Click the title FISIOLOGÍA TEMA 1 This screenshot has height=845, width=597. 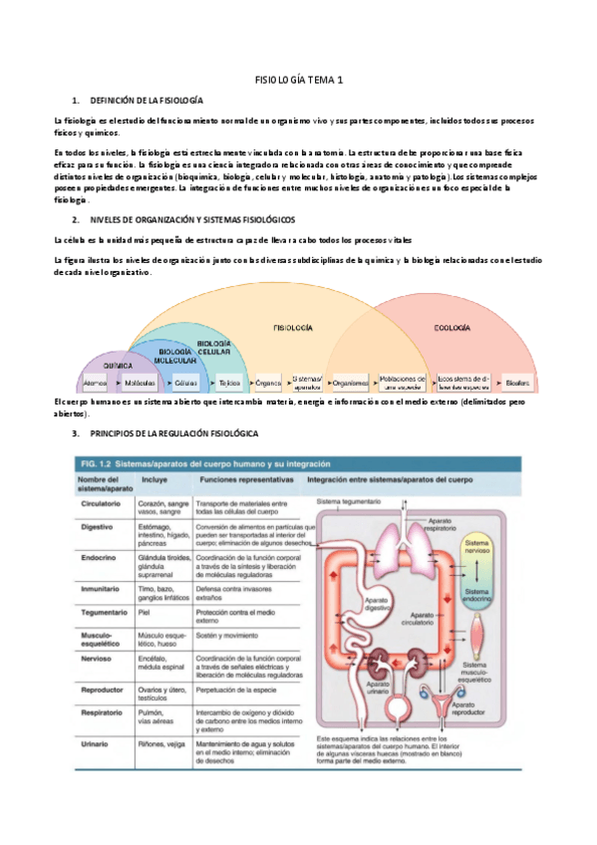(299, 78)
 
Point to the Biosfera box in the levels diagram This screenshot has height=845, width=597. (517, 382)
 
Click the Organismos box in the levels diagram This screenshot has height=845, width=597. (352, 382)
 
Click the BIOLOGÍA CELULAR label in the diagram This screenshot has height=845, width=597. (213, 347)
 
